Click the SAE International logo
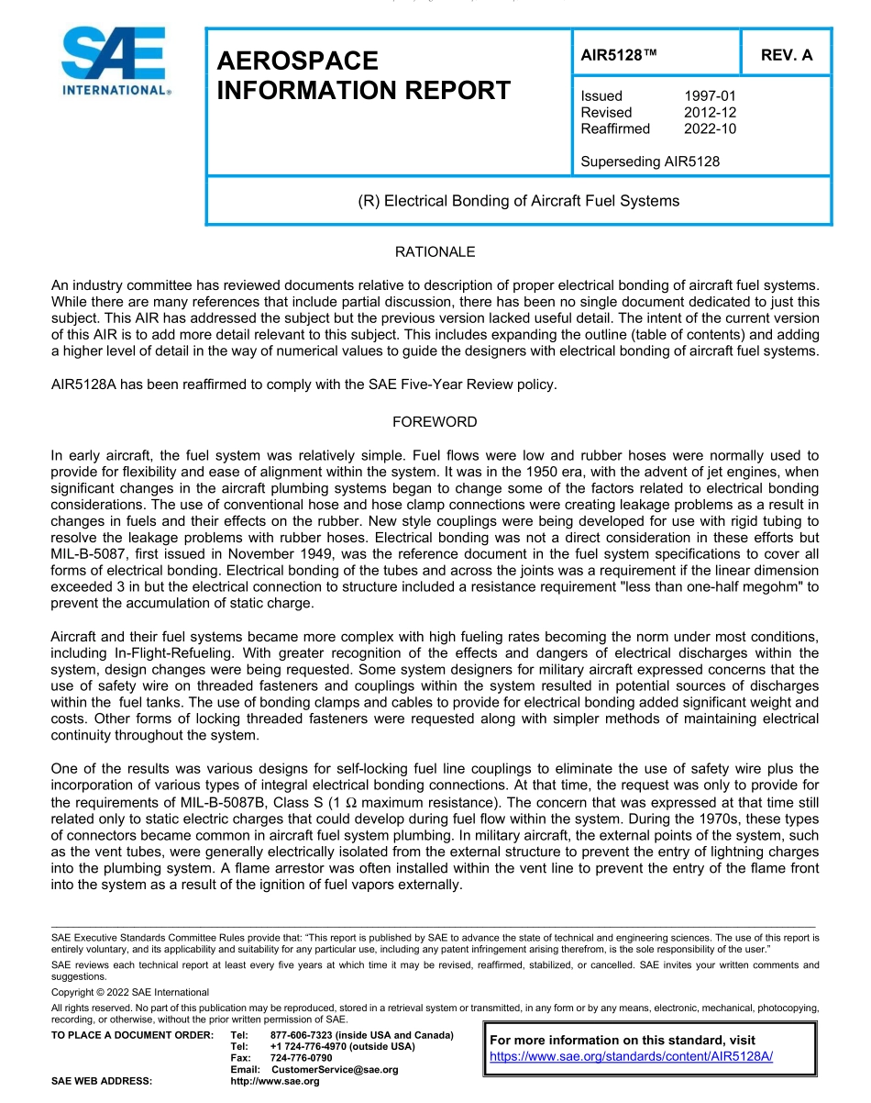(x=115, y=62)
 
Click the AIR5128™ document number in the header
(x=619, y=55)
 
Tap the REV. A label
(x=786, y=55)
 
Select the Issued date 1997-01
(x=710, y=95)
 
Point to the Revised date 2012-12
(x=710, y=112)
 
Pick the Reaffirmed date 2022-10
(x=710, y=128)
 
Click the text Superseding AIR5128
(x=650, y=162)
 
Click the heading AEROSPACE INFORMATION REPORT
(x=363, y=75)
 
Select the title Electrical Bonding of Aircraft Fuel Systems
(x=518, y=201)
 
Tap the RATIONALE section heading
(x=435, y=251)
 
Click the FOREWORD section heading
(x=435, y=422)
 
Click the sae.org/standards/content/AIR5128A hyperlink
(x=631, y=1056)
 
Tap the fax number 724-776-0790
(x=302, y=1058)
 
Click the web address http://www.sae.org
(x=275, y=1082)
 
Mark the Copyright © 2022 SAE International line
(x=130, y=992)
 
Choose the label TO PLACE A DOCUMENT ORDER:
(x=132, y=1035)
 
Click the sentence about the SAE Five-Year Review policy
(x=303, y=384)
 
